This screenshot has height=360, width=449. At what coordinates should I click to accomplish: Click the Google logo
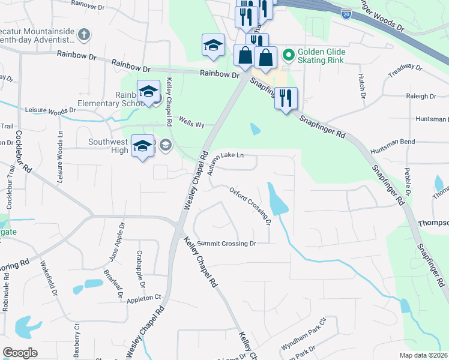pyautogui.click(x=20, y=353)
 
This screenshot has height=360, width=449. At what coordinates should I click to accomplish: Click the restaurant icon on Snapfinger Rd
pyautogui.click(x=286, y=98)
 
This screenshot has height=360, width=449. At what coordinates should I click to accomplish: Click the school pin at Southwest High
pyautogui.click(x=142, y=147)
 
